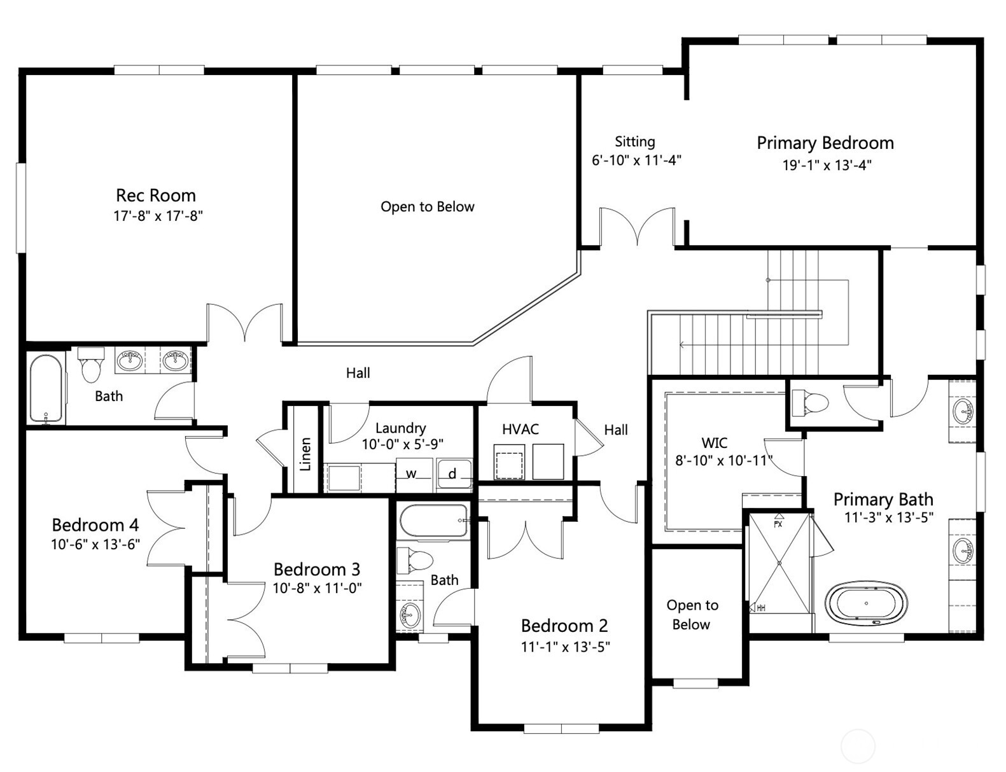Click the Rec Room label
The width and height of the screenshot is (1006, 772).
point(155,195)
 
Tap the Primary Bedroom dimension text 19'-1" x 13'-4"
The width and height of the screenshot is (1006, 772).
point(826,165)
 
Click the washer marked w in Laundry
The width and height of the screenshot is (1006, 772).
point(412,474)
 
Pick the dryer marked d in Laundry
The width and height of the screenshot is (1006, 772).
point(453,474)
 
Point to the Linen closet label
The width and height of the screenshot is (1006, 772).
point(306,453)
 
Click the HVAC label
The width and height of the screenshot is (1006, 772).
point(520,429)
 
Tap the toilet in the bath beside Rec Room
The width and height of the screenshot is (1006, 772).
point(91,365)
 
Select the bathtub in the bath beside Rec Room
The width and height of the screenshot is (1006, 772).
point(46,389)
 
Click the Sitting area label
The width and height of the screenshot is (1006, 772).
point(634,141)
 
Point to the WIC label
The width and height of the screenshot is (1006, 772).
point(714,442)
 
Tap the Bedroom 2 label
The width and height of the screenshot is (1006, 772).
point(564,625)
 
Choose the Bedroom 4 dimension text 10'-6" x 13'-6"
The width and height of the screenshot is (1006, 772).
point(95,544)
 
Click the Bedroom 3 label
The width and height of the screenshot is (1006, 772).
point(316,568)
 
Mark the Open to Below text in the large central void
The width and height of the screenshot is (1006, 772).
point(427,207)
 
